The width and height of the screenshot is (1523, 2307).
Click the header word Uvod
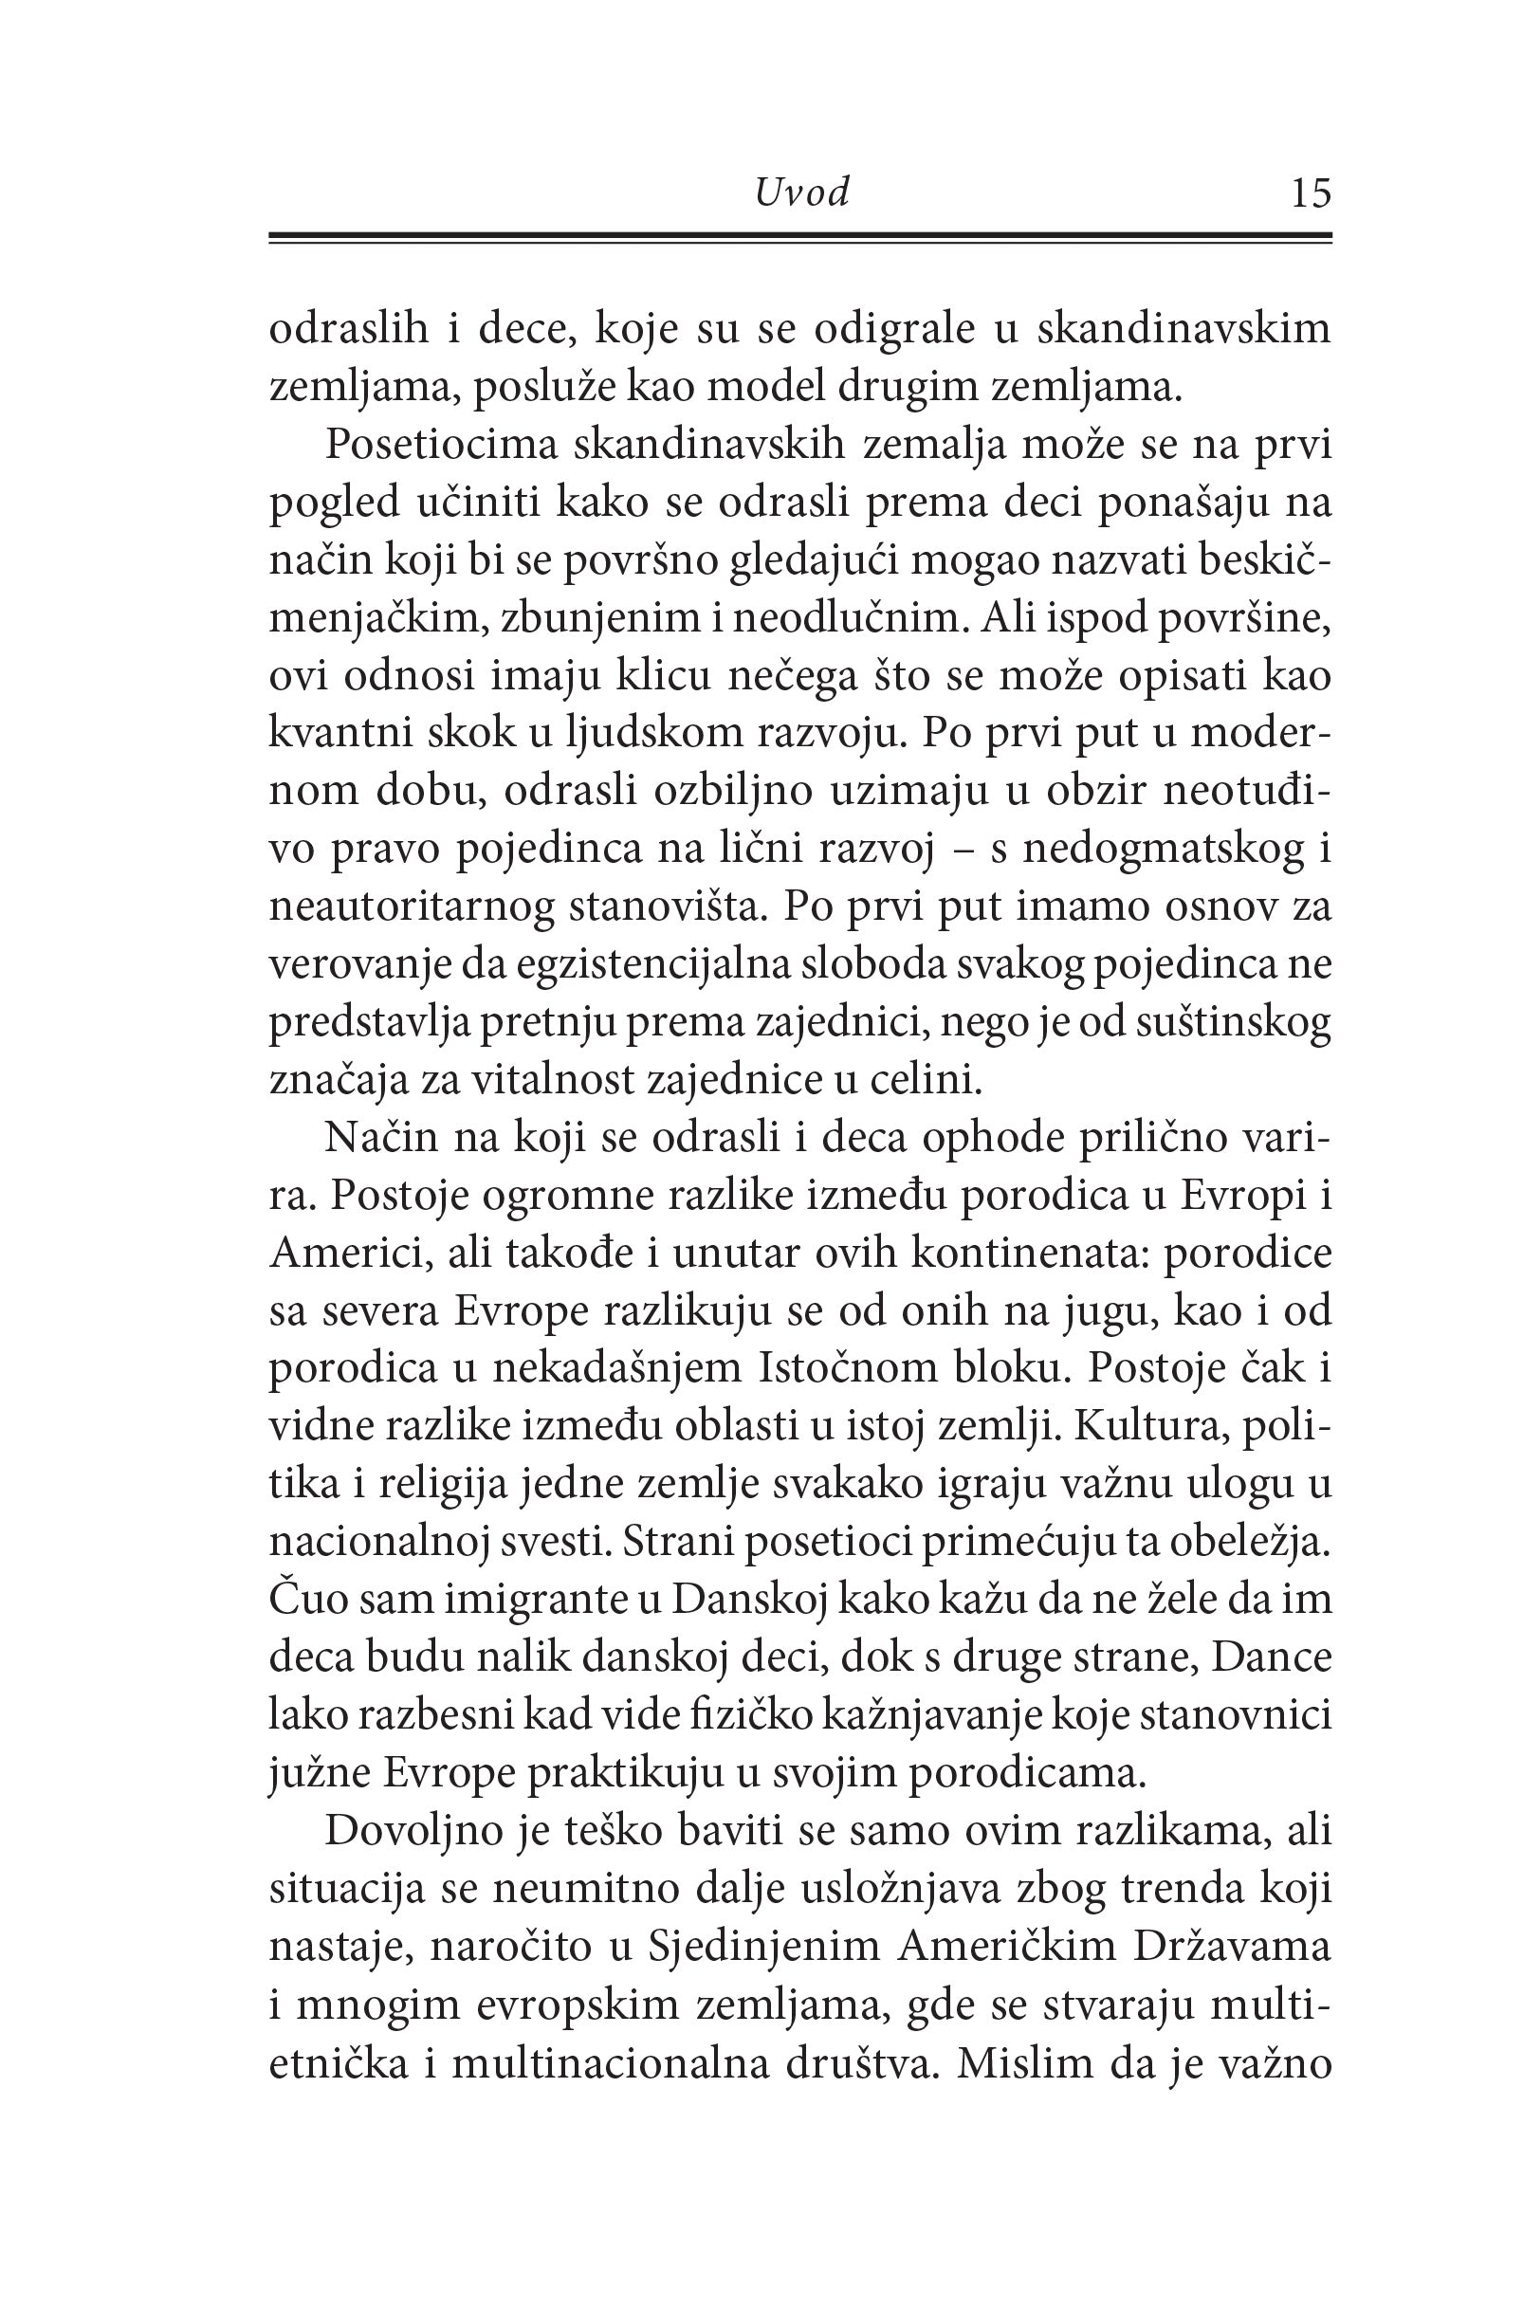(801, 193)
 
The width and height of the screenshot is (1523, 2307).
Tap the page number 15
(1310, 193)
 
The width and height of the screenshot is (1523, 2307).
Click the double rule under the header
(799, 239)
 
